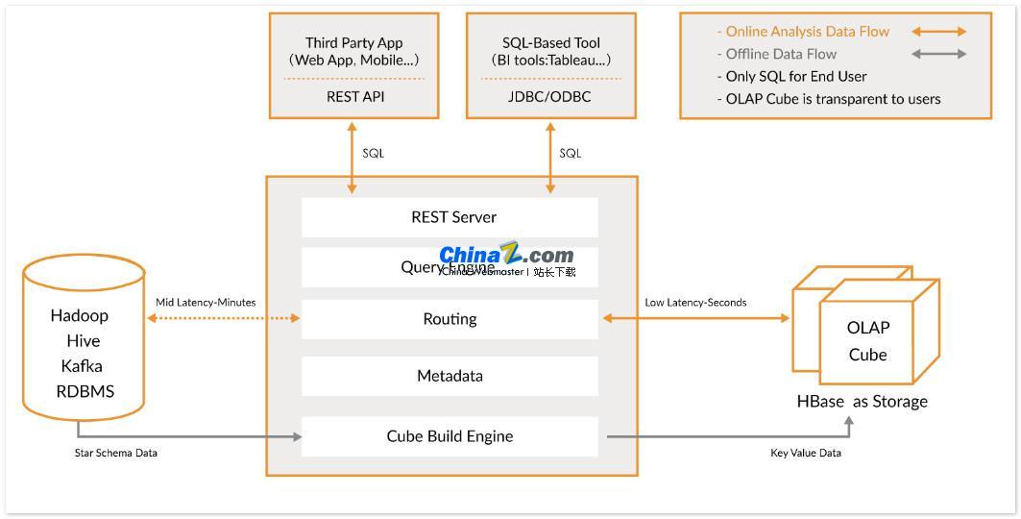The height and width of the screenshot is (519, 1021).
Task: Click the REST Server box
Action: point(450,217)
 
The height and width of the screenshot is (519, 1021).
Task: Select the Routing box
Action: point(450,319)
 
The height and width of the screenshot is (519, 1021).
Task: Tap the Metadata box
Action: point(450,376)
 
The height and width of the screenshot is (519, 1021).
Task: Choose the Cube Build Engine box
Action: point(450,436)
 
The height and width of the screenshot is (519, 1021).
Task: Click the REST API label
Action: point(355,97)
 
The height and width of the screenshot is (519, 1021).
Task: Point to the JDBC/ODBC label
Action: point(550,97)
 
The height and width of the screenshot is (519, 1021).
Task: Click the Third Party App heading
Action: point(354,43)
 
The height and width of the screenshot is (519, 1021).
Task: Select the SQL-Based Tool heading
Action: point(551,43)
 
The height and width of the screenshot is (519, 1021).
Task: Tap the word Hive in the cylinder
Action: point(84,341)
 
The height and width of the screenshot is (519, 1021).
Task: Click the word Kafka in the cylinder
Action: point(82,366)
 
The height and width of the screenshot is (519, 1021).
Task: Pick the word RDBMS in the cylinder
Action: point(85,391)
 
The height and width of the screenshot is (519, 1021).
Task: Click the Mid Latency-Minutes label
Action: point(206,302)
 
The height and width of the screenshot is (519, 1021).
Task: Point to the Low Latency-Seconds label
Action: point(695,302)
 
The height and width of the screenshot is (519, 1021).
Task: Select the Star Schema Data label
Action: point(116,453)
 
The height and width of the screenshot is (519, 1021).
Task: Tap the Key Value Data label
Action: point(806,453)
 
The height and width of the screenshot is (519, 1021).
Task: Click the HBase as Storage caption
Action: point(863,402)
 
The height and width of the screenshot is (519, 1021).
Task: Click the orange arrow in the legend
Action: point(939,32)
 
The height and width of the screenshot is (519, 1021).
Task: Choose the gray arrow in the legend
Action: point(939,54)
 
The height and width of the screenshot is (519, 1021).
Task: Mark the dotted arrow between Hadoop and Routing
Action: point(222,318)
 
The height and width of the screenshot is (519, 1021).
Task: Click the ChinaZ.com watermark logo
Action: point(506,256)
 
